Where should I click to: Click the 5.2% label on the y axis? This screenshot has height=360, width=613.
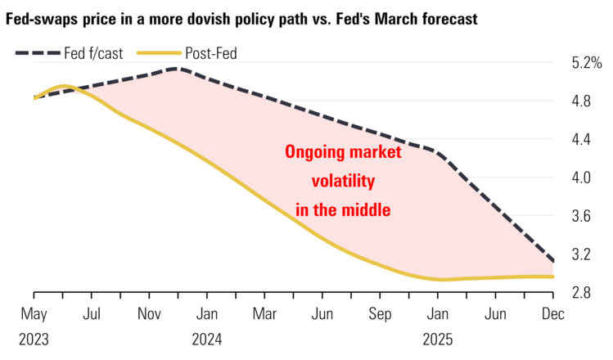point(586,63)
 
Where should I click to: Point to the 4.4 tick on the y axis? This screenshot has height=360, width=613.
point(582,139)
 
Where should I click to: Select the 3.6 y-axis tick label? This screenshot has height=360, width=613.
point(582,216)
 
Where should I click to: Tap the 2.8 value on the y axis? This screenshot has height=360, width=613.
point(582,292)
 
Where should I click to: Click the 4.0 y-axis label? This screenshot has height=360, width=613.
point(582,178)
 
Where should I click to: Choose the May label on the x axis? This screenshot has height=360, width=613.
point(34,313)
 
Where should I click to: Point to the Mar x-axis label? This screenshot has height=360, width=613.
point(264,313)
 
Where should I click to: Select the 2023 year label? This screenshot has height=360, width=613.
point(34,338)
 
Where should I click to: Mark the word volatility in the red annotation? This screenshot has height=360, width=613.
point(342,181)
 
